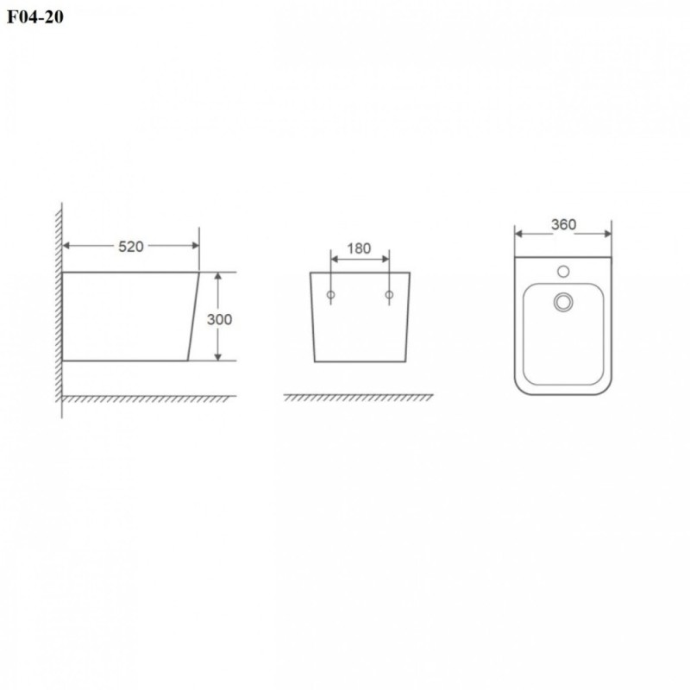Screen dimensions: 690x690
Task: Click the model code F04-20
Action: (x=35, y=16)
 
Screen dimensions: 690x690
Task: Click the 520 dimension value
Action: (x=131, y=247)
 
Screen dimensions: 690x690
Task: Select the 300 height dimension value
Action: (x=219, y=319)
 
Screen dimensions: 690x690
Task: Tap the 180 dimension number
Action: (x=359, y=248)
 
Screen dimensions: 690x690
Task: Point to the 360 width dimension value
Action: (x=563, y=224)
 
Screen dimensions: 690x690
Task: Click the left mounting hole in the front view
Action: (x=331, y=295)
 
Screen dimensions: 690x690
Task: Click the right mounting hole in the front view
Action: (x=389, y=295)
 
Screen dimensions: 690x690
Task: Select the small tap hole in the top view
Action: (x=563, y=271)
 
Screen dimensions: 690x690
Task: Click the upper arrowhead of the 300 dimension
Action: (x=218, y=277)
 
